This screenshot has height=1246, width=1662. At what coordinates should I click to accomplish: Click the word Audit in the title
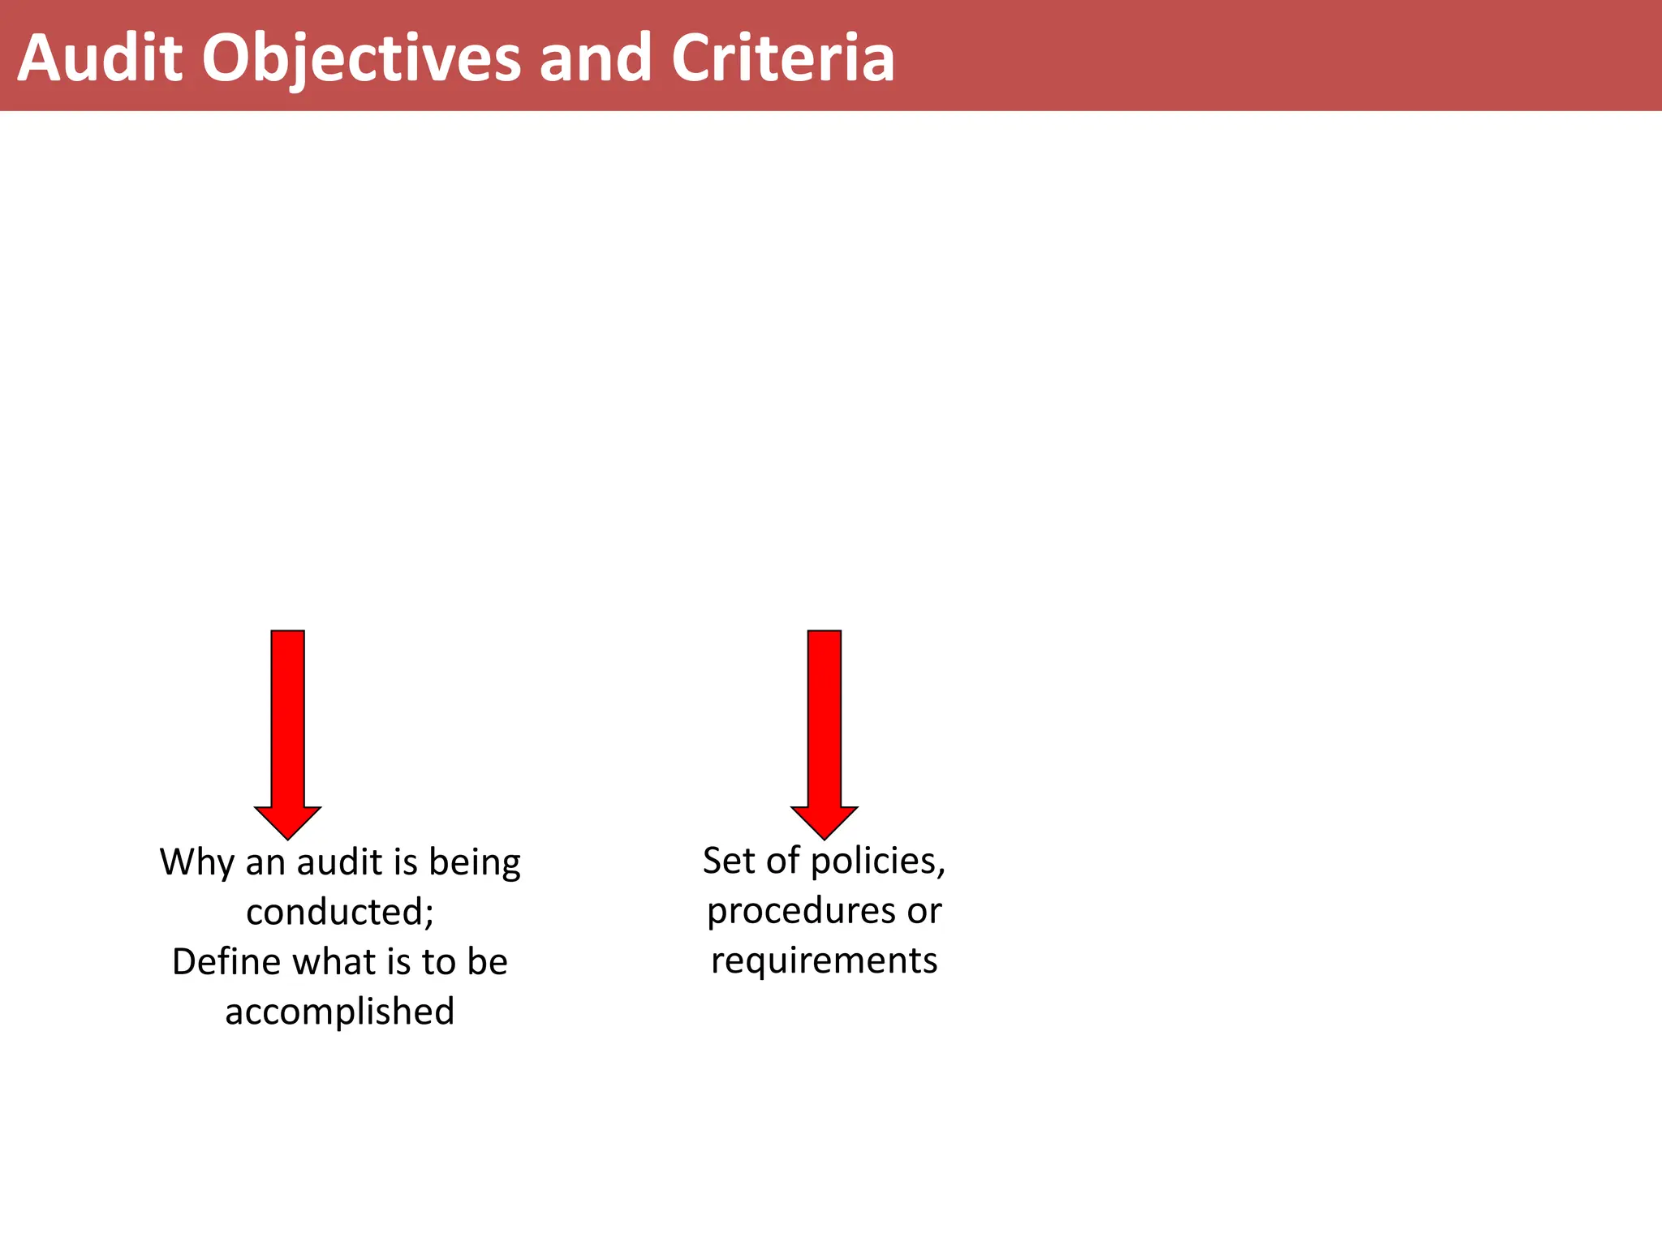[x=100, y=58]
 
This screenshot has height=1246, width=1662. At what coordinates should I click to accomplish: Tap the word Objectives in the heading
[x=361, y=58]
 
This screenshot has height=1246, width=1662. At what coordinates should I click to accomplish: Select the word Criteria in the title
[x=782, y=58]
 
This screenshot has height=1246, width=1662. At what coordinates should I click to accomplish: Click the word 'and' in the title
[x=595, y=58]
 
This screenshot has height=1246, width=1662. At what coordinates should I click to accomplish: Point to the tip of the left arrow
[x=288, y=837]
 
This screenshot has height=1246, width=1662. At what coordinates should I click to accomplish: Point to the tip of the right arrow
[x=825, y=837]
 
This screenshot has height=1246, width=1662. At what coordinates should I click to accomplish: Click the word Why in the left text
[x=197, y=862]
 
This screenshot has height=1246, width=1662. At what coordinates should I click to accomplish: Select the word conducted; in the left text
[x=340, y=913]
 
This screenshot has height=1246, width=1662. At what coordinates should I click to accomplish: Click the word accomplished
[x=340, y=1012]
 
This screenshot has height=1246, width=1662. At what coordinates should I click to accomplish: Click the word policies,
[x=878, y=861]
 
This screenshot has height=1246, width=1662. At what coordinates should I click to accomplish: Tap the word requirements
[x=825, y=961]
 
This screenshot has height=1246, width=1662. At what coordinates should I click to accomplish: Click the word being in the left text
[x=475, y=862]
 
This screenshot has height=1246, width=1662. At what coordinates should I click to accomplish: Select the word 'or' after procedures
[x=924, y=911]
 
